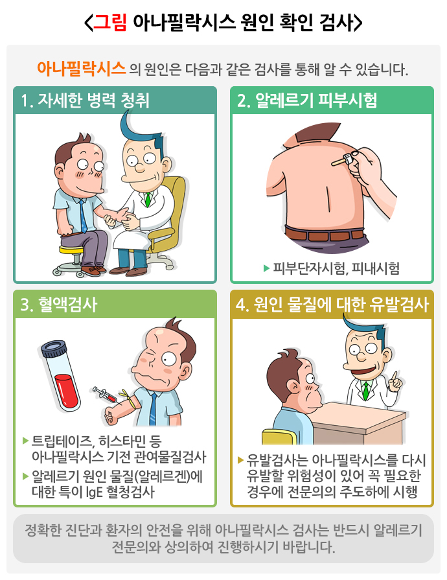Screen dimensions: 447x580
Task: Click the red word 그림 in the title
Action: coord(110,22)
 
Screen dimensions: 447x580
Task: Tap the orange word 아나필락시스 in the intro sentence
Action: coord(82,69)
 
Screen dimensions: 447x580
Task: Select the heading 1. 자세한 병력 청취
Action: coord(85,100)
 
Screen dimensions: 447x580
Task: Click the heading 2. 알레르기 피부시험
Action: coord(307,100)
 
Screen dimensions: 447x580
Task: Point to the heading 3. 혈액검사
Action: coord(58,305)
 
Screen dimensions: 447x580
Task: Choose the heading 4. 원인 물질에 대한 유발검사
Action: coord(332,305)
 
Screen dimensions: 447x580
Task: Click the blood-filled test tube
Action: coord(61,375)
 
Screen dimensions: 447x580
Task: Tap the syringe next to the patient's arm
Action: coord(105,394)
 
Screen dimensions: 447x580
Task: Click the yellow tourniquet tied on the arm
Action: coord(126,398)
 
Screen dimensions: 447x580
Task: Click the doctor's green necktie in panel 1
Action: coord(148,200)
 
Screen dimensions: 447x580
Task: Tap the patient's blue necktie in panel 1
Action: coord(83,216)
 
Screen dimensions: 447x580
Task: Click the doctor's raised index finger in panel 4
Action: coord(395,376)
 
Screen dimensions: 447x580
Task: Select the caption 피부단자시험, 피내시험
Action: coord(336,268)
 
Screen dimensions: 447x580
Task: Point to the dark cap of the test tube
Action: coord(53,349)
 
